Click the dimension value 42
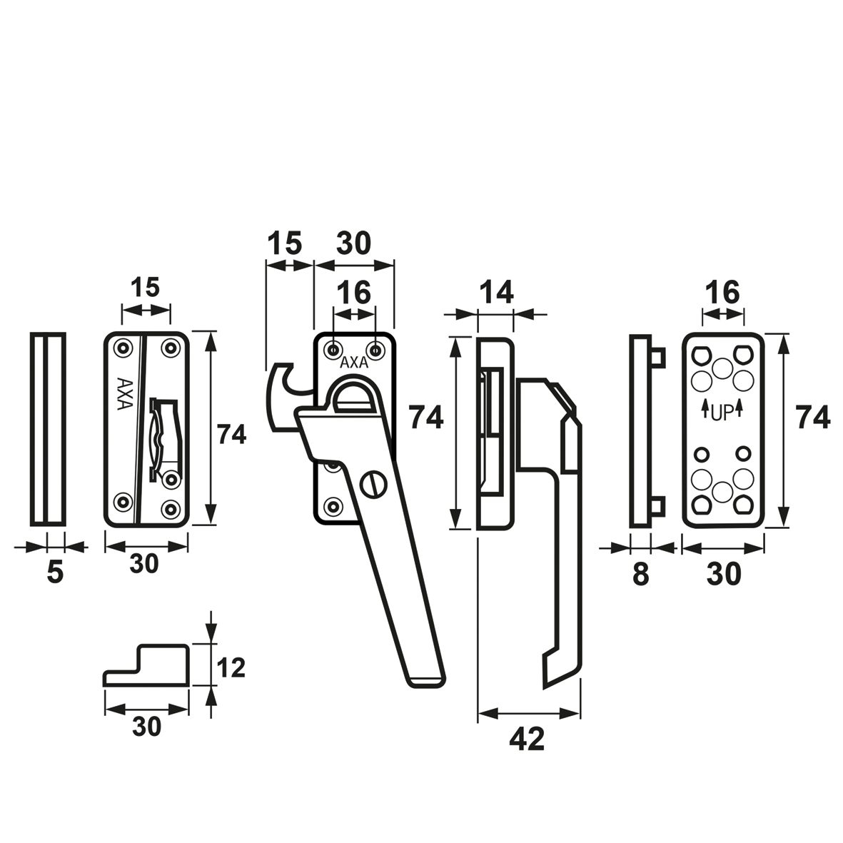[x=527, y=739]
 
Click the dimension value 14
[x=496, y=292]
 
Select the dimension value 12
[x=231, y=667]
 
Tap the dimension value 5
[x=55, y=572]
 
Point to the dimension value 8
[x=640, y=573]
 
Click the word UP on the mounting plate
[x=723, y=412]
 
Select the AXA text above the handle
[x=354, y=363]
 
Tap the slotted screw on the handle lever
[x=373, y=485]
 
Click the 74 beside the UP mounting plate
[x=813, y=418]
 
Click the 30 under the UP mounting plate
[x=724, y=573]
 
